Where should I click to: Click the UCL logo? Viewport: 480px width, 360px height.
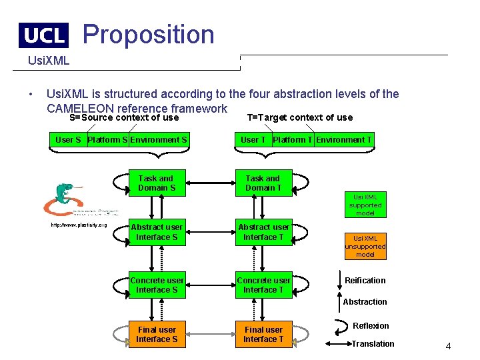click(x=43, y=35)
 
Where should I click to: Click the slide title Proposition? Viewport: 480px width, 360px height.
click(x=148, y=34)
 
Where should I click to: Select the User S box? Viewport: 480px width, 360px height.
click(x=68, y=140)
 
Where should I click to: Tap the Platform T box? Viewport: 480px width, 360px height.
click(x=293, y=140)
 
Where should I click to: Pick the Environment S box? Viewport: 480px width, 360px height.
click(x=159, y=140)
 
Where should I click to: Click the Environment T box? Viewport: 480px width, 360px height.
click(x=344, y=140)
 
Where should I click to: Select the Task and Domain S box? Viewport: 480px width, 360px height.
click(x=157, y=183)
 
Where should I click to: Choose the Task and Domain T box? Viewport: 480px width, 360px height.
click(x=263, y=183)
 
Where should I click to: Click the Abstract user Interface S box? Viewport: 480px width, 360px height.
click(x=157, y=232)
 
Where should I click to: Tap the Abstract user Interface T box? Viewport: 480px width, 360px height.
click(x=263, y=232)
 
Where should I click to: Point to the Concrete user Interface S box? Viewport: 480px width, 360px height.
click(x=157, y=285)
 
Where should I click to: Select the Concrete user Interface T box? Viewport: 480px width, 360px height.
click(x=263, y=285)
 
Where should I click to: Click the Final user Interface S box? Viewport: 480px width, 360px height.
click(x=157, y=334)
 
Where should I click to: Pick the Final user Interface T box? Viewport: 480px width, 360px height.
click(x=263, y=334)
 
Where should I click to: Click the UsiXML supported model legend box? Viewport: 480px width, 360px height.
click(x=365, y=205)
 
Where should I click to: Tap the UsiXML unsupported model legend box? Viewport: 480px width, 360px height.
click(x=365, y=246)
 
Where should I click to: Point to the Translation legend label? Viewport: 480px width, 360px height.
click(x=373, y=344)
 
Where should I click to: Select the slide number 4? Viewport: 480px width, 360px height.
click(x=448, y=347)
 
